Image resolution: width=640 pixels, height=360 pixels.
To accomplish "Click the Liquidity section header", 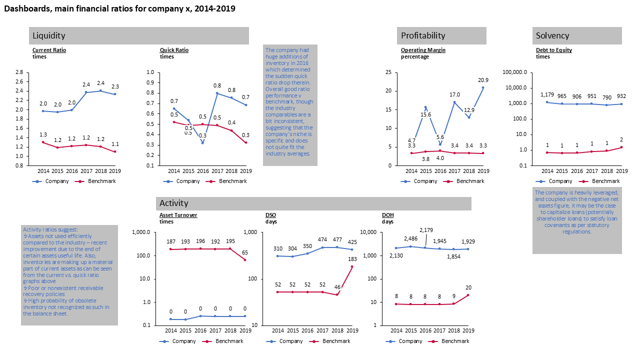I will click(48, 35).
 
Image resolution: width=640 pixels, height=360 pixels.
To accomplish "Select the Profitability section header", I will click(422, 35).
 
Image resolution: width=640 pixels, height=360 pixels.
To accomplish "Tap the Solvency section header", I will click(552, 35).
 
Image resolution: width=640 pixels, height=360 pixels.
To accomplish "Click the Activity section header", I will click(173, 203).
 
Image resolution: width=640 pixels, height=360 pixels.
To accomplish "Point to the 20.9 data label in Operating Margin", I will click(483, 80).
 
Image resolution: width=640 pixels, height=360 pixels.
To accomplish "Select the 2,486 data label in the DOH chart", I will click(410, 239).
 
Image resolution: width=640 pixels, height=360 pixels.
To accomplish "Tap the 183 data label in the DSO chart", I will click(352, 259).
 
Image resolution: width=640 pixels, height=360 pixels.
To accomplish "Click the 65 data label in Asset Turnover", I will click(245, 253).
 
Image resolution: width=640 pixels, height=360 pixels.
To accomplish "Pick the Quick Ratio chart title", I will click(174, 50).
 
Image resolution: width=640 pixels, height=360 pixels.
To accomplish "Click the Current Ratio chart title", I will click(49, 50).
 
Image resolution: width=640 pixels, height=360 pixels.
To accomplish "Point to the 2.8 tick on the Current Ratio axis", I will click(19, 72).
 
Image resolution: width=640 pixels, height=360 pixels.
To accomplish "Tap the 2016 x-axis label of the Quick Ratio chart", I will click(202, 171).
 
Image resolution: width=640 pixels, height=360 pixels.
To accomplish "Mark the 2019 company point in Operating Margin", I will click(483, 87).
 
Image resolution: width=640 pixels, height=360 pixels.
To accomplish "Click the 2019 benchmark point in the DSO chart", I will click(352, 266).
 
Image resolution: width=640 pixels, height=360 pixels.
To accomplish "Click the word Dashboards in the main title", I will click(24, 9).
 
